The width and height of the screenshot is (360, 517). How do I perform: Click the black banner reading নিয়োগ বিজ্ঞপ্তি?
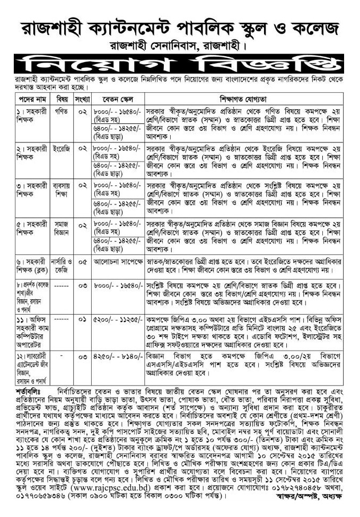179,65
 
